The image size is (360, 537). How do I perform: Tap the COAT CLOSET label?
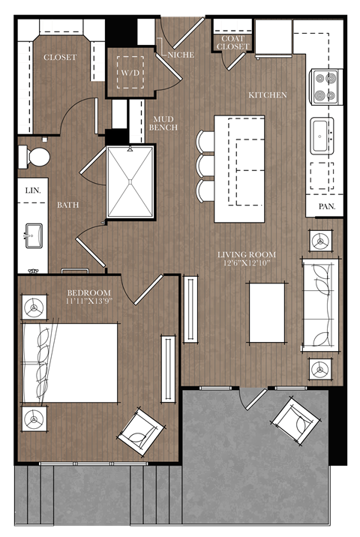[232, 43]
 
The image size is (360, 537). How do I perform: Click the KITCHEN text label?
[268, 95]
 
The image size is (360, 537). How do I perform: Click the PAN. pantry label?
[326, 205]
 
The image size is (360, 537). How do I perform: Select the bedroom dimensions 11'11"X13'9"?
[88, 301]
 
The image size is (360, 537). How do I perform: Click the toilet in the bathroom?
[35, 157]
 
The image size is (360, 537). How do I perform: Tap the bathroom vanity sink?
[33, 235]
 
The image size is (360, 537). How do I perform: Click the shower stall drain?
[130, 181]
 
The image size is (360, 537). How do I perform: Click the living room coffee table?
[266, 310]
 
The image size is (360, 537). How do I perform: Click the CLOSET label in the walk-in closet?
[59, 58]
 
